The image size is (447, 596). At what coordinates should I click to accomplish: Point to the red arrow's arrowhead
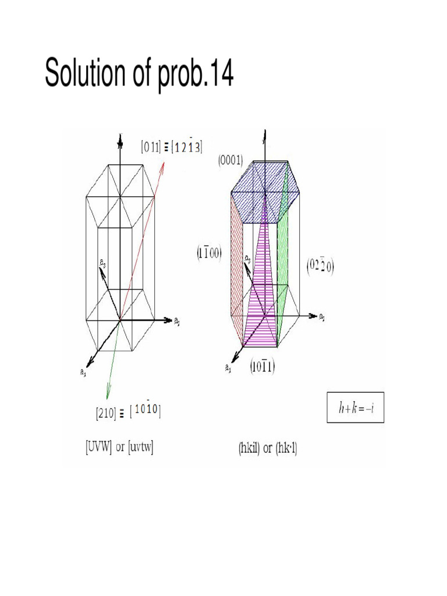pyautogui.click(x=164, y=165)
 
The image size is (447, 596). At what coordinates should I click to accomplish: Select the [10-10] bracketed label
pyautogui.click(x=146, y=411)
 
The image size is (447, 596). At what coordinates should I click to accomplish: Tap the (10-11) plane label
pyautogui.click(x=262, y=367)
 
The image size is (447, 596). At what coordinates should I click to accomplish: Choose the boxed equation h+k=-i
pyautogui.click(x=355, y=407)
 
